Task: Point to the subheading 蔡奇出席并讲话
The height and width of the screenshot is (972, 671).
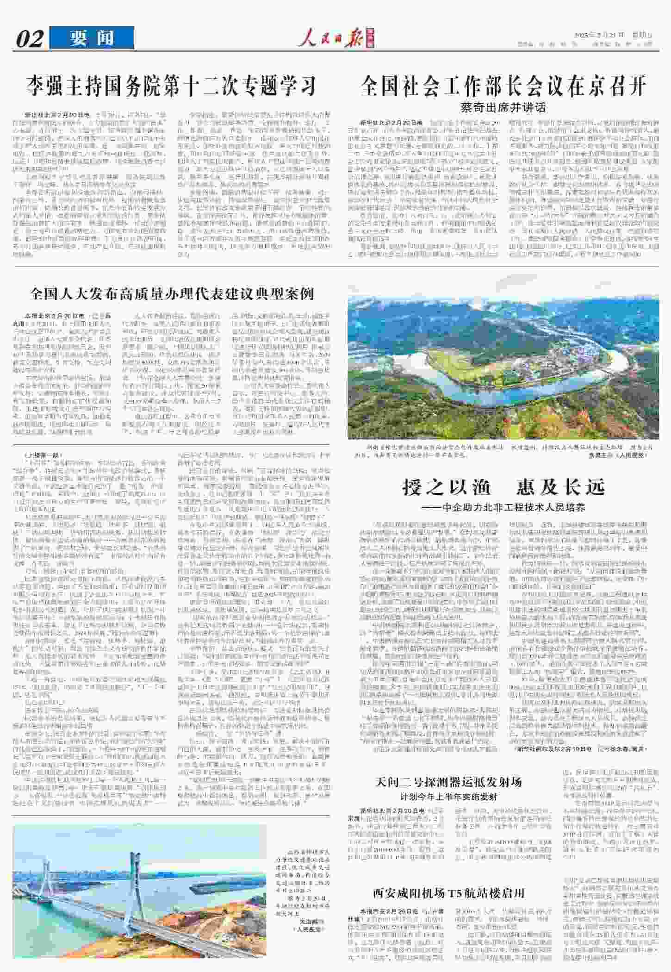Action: pos(503,108)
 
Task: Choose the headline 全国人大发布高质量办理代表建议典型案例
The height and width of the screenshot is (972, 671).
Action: pos(172,293)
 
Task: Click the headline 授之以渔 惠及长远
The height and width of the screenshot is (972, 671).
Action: pos(503,487)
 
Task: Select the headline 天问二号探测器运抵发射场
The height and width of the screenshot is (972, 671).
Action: pos(448,782)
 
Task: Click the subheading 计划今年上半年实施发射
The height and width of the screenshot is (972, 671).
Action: pos(448,797)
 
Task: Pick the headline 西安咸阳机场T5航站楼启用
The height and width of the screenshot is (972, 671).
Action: pos(448,893)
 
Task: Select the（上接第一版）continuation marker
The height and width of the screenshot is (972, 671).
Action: pos(42,455)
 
